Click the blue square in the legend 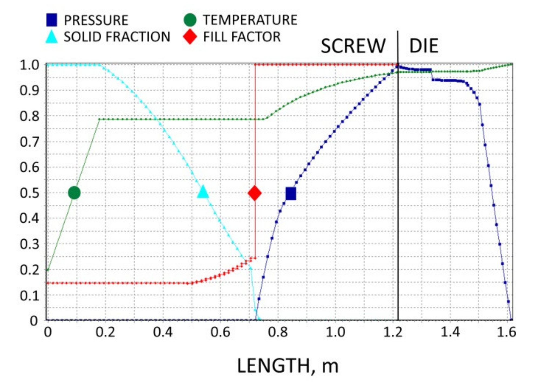52,20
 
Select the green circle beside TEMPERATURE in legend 190,20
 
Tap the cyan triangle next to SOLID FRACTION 52,37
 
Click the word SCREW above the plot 353,46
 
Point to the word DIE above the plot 423,46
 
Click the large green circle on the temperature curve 74,193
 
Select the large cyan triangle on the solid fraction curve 203,192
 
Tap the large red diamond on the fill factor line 255,193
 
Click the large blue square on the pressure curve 291,194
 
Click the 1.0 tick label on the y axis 29,65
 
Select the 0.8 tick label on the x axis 278,332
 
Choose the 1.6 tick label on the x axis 506,332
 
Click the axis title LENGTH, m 287,366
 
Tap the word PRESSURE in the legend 96,20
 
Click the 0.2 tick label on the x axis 105,332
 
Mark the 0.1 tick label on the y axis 29,296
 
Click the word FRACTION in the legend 138,37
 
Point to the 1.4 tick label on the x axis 450,332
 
